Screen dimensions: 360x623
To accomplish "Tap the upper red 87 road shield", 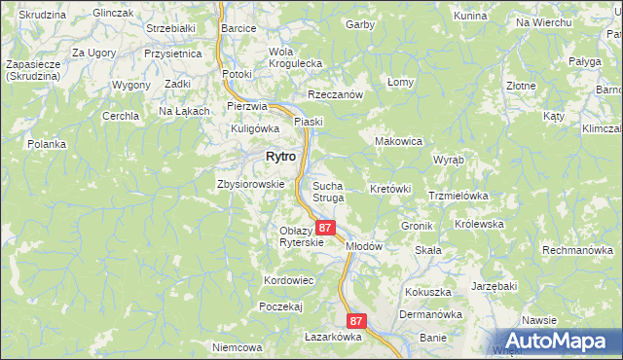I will tap(326, 228).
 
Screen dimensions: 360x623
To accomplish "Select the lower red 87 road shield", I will tap(356, 321).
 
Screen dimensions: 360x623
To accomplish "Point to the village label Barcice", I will tap(238, 29).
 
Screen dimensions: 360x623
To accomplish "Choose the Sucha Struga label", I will tap(328, 191).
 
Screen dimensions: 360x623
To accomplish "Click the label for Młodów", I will tap(363, 246).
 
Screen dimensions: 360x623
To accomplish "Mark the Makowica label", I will tap(398, 141).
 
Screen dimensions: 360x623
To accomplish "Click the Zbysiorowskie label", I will tap(250, 184).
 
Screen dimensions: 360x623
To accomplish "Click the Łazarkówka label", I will tap(332, 337).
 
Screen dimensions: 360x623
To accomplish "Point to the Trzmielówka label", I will tap(458, 196).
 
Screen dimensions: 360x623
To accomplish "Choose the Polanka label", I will tap(47, 144).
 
